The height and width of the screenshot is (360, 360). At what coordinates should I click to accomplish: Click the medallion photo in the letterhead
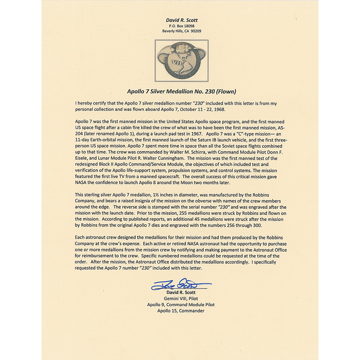click(181, 61)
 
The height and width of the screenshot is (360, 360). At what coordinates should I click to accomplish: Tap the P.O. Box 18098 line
click(181, 25)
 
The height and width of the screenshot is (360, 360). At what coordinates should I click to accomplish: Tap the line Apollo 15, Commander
click(181, 310)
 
